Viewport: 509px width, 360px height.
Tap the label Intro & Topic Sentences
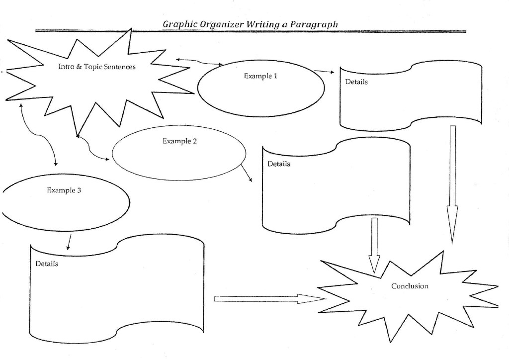tap(96, 66)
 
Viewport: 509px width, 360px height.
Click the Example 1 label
tap(260, 76)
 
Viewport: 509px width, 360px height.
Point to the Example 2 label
tap(179, 141)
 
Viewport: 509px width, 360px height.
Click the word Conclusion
tap(410, 286)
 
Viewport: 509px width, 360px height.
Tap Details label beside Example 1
tap(356, 82)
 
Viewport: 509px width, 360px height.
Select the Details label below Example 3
tap(46, 264)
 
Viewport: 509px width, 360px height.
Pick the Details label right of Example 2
tap(279, 164)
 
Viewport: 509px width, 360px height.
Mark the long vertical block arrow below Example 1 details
tap(452, 184)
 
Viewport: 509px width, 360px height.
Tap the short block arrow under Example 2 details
tap(374, 245)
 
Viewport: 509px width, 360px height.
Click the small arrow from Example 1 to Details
tap(325, 72)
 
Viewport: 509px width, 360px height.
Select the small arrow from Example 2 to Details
tap(246, 173)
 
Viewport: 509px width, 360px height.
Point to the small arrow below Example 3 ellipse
tap(69, 242)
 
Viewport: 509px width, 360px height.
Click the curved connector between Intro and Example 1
tap(199, 62)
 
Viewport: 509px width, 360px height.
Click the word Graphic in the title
tap(178, 24)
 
